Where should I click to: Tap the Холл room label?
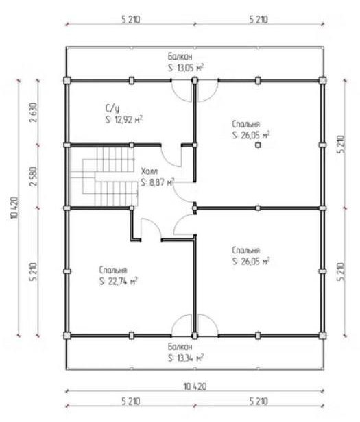(x=149, y=171)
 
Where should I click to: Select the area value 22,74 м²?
(x=123, y=282)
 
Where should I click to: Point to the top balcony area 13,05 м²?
(x=190, y=68)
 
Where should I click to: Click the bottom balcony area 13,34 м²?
(x=190, y=358)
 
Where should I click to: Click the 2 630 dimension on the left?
(x=34, y=112)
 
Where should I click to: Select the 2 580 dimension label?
(x=34, y=177)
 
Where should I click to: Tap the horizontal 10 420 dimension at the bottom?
(x=195, y=387)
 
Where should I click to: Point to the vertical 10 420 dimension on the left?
(x=15, y=208)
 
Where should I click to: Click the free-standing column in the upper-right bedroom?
(x=258, y=145)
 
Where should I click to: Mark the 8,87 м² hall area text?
(x=161, y=182)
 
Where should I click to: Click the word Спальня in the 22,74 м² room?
(x=113, y=270)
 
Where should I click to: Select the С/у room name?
(x=112, y=108)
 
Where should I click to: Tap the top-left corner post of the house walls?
(x=67, y=80)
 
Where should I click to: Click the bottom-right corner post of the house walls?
(x=322, y=336)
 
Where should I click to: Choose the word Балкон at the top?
(x=180, y=56)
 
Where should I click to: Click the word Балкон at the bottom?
(x=180, y=347)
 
